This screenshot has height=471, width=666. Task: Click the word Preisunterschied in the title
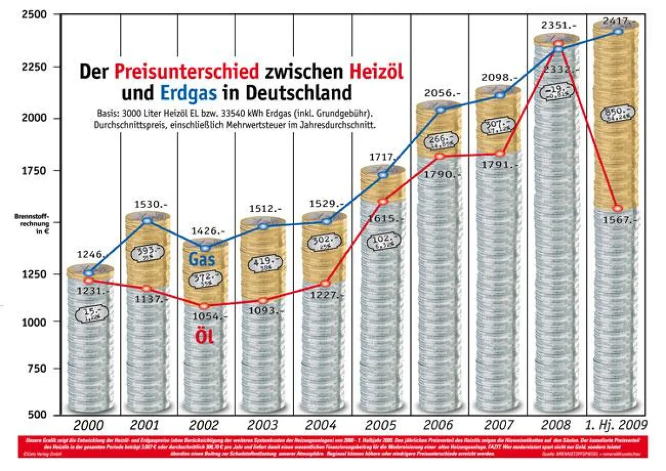click(187, 72)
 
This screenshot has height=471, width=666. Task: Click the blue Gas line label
click(202, 259)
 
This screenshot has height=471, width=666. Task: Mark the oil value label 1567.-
click(618, 220)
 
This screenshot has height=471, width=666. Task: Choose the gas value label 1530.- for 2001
click(147, 205)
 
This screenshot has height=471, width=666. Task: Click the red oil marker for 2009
click(618, 208)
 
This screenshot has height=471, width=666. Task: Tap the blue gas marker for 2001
click(147, 221)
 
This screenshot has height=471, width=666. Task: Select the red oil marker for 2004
click(325, 283)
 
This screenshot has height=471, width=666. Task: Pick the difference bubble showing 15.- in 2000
click(90, 315)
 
